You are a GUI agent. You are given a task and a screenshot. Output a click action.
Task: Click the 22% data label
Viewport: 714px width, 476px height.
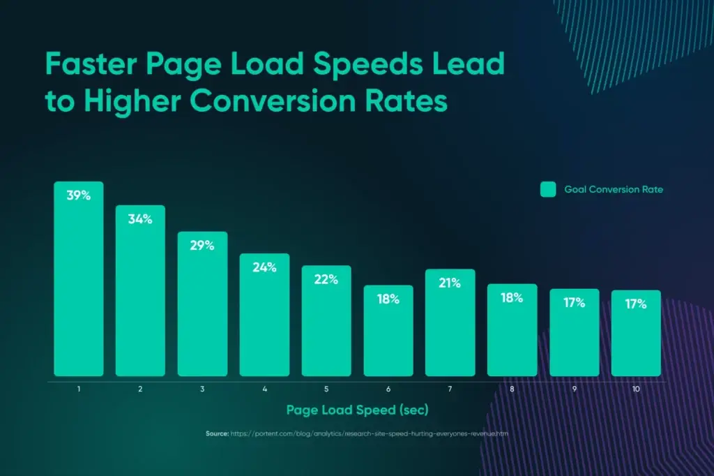point(326,279)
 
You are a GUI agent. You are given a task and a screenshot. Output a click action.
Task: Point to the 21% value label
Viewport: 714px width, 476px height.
point(450,283)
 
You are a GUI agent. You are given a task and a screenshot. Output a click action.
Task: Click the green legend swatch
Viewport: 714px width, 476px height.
point(548,189)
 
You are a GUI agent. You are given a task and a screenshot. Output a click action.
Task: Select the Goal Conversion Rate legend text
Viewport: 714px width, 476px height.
point(614,189)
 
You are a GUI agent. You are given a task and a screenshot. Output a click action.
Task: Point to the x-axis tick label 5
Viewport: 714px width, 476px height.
point(326,388)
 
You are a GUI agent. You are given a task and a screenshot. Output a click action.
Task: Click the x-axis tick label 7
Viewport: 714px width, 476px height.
point(450,388)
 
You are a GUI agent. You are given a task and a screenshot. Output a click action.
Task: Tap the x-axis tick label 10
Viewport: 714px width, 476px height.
point(636,388)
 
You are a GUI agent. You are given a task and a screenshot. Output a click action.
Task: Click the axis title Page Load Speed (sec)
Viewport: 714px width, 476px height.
point(357,409)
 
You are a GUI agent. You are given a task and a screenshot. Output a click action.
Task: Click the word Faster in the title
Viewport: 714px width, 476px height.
point(95,65)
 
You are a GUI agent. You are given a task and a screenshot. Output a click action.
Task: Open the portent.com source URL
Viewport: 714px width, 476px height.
point(370,433)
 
